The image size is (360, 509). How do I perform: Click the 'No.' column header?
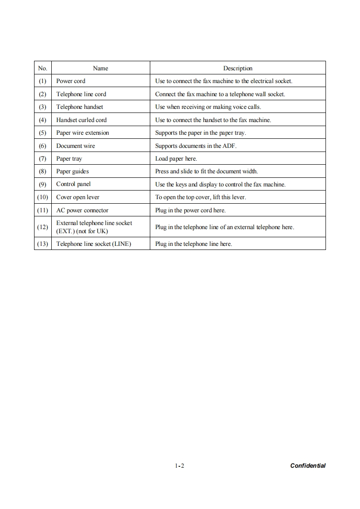[x=43, y=68]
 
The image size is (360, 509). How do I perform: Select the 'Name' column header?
[x=100, y=68]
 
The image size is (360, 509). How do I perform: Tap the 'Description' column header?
[x=237, y=68]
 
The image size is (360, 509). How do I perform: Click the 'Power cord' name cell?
[x=71, y=81]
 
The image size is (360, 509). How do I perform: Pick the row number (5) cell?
[x=43, y=132]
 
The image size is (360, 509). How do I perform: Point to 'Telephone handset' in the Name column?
[x=79, y=107]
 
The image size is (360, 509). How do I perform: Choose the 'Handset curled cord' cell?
[x=81, y=120]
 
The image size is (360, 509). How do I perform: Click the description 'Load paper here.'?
[x=176, y=158]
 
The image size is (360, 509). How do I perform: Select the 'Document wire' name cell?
[x=75, y=146]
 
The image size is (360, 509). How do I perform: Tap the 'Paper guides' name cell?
[x=73, y=171]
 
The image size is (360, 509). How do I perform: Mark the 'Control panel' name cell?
[x=74, y=184]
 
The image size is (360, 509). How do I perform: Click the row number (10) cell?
[x=43, y=197]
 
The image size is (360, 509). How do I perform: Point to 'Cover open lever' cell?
[x=78, y=197]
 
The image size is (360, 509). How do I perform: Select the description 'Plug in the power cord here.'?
[x=190, y=210]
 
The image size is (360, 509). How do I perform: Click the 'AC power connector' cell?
[x=82, y=210]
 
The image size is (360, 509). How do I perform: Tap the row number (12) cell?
[x=43, y=226]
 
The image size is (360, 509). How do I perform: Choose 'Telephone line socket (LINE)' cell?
[x=94, y=244]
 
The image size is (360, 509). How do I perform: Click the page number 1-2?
[x=179, y=465]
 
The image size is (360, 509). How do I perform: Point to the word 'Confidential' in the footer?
[x=308, y=465]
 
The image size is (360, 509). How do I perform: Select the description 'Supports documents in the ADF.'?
[x=196, y=146]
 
